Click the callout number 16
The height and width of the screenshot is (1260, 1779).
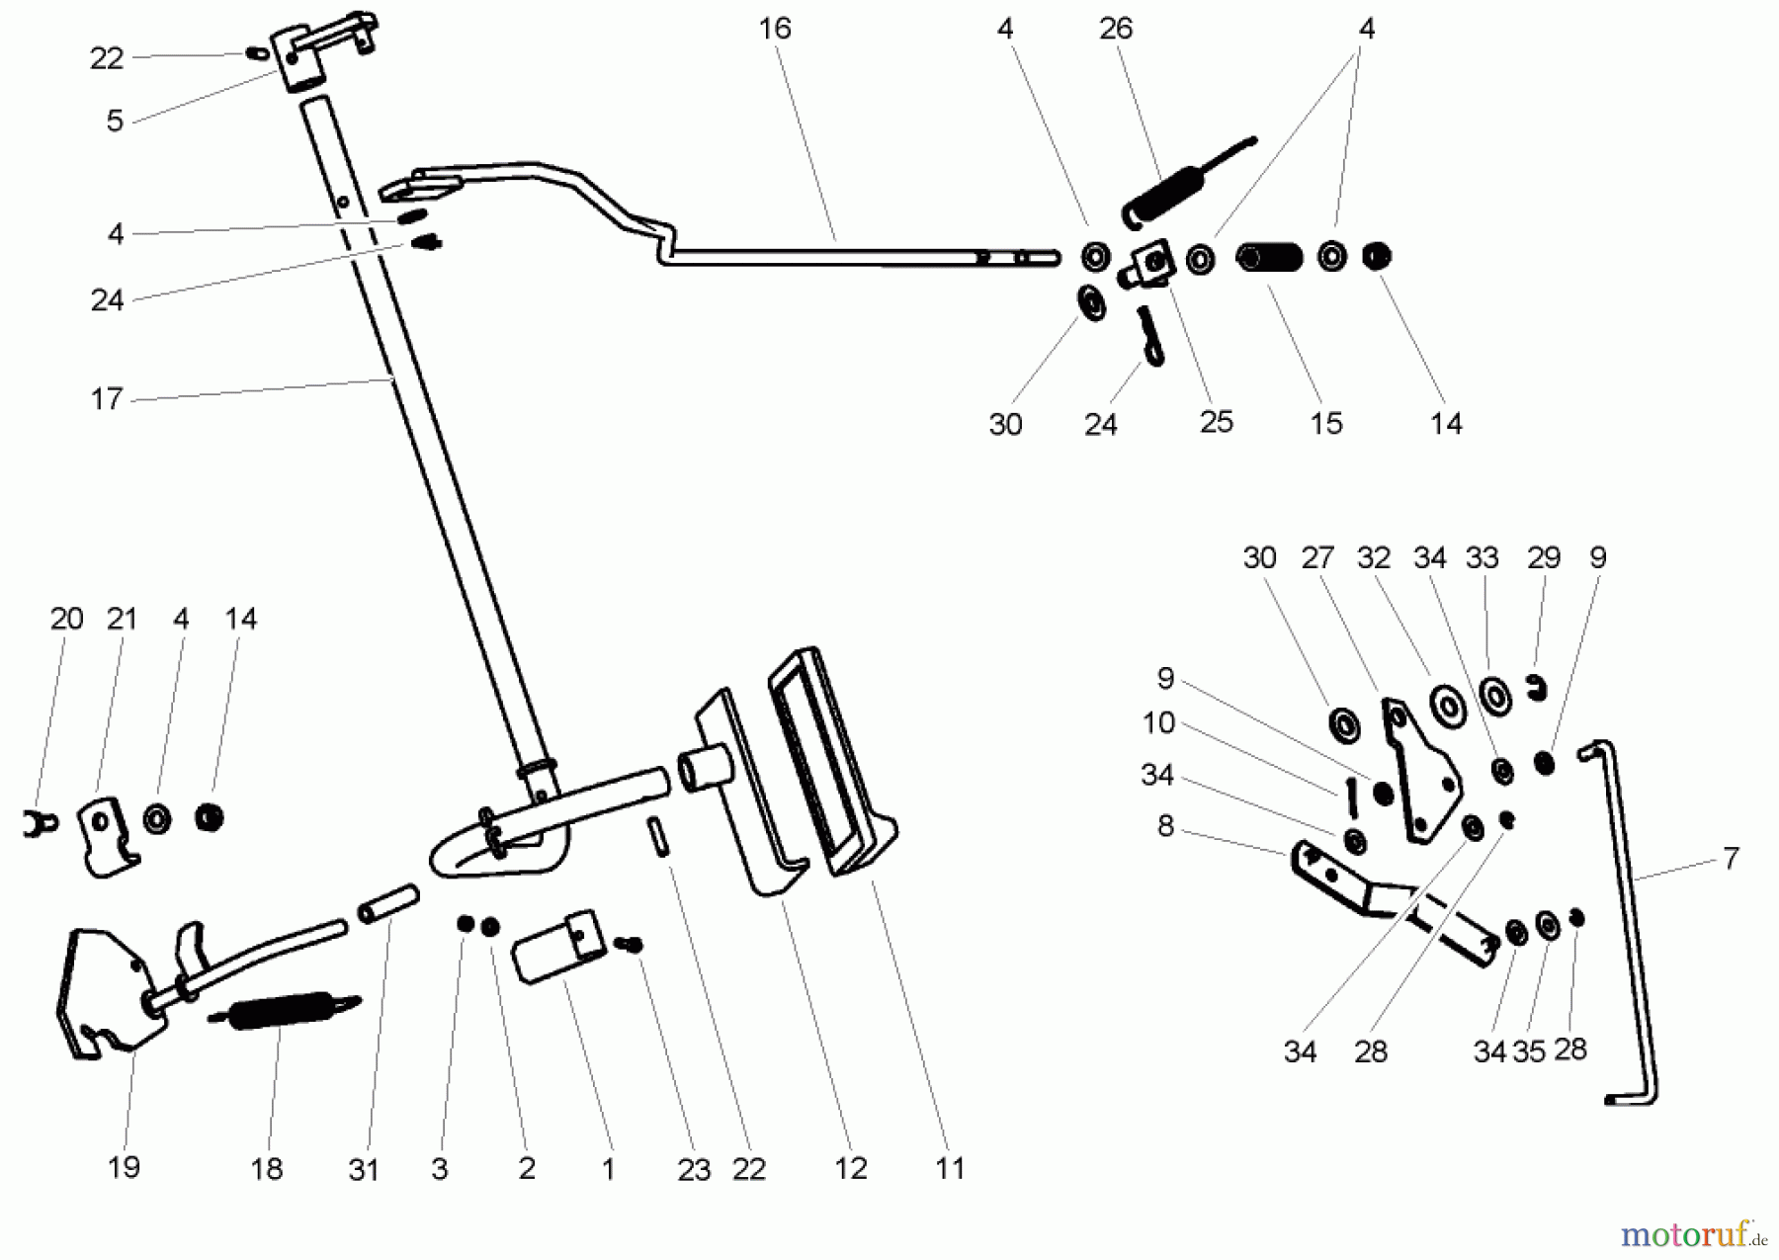point(775,29)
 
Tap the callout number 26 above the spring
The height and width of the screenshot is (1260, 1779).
point(1115,29)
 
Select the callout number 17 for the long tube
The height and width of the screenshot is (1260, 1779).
point(106,399)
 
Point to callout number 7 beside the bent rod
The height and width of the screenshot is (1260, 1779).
point(1730,858)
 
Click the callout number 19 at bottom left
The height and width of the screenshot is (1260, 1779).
point(124,1167)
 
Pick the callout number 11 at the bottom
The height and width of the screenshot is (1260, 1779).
point(949,1168)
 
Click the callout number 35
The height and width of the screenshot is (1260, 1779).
point(1528,1051)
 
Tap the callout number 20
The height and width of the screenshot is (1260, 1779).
point(66,620)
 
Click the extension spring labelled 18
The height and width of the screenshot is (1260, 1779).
point(282,1011)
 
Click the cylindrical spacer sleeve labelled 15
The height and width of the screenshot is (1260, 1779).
point(1270,258)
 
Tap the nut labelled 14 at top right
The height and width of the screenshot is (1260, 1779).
point(1376,257)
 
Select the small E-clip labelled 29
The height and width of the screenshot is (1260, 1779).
point(1536,687)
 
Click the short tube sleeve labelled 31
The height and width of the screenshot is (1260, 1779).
point(387,903)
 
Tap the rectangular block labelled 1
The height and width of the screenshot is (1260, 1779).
point(558,947)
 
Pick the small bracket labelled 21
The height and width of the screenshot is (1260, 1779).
point(105,835)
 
